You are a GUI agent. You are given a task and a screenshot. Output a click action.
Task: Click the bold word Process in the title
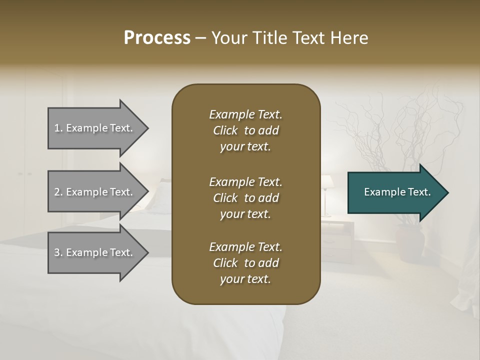157,38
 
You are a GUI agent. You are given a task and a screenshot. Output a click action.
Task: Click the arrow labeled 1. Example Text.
95,128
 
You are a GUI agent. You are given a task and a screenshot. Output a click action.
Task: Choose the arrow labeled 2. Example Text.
95,192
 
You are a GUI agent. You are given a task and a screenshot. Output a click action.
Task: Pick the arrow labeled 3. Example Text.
95,252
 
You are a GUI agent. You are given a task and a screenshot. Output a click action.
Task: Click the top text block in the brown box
245,130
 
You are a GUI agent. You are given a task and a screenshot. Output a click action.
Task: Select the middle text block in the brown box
245,198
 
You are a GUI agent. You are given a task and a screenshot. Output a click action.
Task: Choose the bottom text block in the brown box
245,263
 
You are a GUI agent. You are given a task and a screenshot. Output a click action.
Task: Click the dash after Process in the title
201,38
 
